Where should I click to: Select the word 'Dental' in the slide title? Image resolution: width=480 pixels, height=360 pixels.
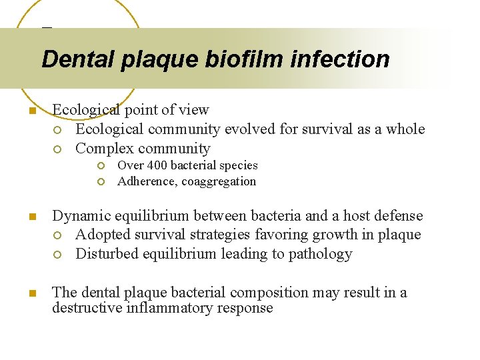pyautogui.click(x=79, y=59)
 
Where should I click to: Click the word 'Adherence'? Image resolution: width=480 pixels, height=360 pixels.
pyautogui.click(x=146, y=181)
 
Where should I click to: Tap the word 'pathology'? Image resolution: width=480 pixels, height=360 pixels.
pyautogui.click(x=321, y=254)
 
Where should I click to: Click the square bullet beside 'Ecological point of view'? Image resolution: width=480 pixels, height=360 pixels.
pyautogui.click(x=31, y=111)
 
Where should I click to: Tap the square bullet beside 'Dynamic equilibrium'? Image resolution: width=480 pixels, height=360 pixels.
pyautogui.click(x=31, y=217)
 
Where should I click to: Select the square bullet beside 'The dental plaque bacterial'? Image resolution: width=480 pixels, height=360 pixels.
pyautogui.click(x=31, y=293)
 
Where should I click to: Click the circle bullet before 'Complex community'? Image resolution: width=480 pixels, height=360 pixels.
pyautogui.click(x=58, y=149)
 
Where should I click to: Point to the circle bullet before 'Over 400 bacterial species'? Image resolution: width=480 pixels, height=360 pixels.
pyautogui.click(x=100, y=166)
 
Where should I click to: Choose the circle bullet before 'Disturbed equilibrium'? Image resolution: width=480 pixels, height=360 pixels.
pyautogui.click(x=58, y=255)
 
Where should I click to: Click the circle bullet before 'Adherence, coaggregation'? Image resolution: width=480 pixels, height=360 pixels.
pyautogui.click(x=100, y=182)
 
